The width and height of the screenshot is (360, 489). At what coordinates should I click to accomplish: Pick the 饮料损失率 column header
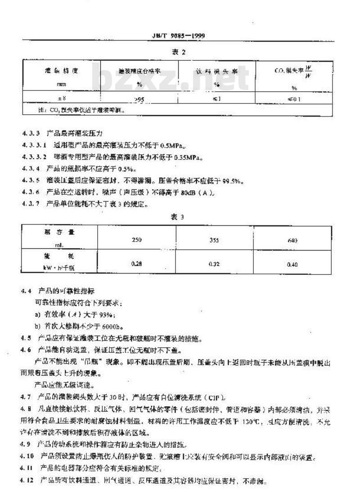coord(216,72)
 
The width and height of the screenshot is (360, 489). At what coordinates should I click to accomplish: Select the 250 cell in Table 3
coord(136,240)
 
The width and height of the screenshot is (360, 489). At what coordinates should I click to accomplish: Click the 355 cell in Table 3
coord(214,240)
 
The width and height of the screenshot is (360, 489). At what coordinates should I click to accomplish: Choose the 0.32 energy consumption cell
coord(214,264)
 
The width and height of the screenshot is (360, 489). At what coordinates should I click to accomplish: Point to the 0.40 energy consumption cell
coord(292,265)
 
